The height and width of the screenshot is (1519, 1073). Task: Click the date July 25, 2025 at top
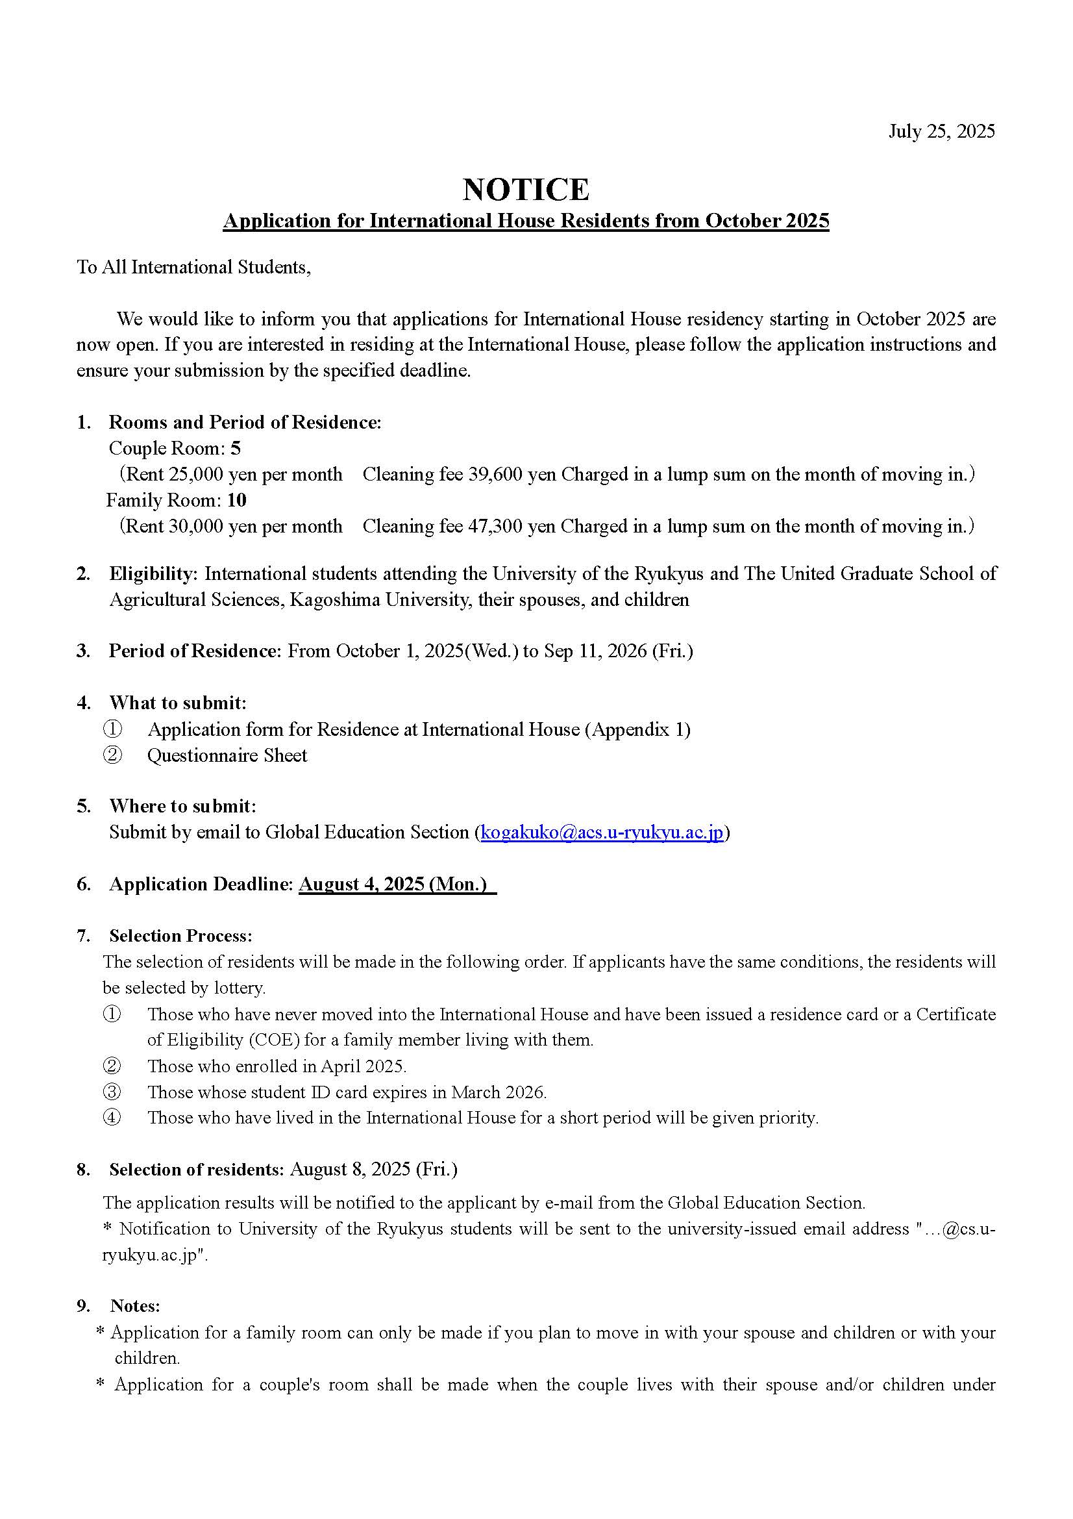(x=941, y=131)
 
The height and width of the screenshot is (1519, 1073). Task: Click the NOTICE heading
(x=526, y=189)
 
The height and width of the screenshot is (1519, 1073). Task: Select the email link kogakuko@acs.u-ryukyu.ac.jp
(x=602, y=832)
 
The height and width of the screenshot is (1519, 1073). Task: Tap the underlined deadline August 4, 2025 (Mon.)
(x=396, y=884)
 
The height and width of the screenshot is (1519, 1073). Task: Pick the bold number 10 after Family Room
(x=236, y=500)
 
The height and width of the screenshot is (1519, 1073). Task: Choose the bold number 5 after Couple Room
(x=236, y=449)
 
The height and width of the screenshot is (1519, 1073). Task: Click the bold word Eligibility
(x=152, y=573)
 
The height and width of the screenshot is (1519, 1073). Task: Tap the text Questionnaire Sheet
(x=227, y=755)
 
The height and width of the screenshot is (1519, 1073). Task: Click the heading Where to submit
(x=182, y=806)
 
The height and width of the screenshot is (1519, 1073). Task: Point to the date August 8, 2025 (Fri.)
(x=373, y=1170)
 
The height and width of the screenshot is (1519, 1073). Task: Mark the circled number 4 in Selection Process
(x=112, y=1118)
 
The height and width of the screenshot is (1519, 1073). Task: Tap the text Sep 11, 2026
(x=595, y=651)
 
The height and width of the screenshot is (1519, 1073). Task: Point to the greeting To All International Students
(x=193, y=268)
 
